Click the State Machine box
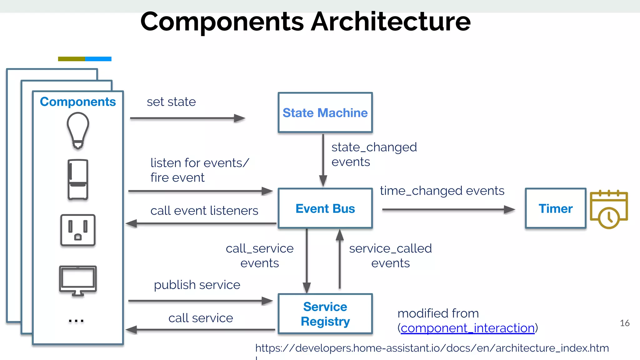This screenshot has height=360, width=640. click(x=325, y=112)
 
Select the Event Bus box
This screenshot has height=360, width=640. click(x=325, y=208)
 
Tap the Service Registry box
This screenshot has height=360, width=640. click(x=325, y=314)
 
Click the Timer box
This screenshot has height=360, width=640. click(x=555, y=208)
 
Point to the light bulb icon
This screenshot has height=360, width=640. click(x=78, y=131)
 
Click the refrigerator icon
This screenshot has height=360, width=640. click(x=78, y=179)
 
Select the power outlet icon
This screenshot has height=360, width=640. click(x=78, y=230)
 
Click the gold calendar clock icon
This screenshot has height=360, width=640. click(x=608, y=209)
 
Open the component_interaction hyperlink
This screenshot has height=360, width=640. click(x=467, y=328)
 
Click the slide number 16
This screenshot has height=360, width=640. click(x=624, y=323)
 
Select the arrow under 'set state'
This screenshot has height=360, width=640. click(x=187, y=118)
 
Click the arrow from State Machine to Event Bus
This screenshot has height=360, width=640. click(x=323, y=159)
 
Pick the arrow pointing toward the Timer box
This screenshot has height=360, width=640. click(x=448, y=209)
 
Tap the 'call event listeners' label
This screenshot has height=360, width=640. click(x=204, y=211)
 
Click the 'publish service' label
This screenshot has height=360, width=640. click(x=197, y=285)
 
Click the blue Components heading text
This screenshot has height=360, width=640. click(x=78, y=102)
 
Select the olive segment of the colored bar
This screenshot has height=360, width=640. click(x=71, y=59)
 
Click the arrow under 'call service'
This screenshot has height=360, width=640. click(x=200, y=330)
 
